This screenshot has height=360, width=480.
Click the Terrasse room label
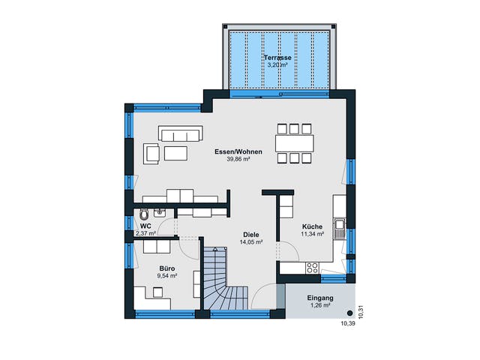point(277,58)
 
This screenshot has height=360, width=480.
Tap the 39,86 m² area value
point(238,159)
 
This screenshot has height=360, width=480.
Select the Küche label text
point(312,226)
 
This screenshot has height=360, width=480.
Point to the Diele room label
point(251,235)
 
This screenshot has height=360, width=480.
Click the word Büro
point(167,268)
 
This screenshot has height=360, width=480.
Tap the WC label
point(145,226)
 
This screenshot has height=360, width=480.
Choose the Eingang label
point(320,298)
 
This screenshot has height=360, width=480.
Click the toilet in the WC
point(143,214)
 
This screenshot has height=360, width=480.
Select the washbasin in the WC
point(159,212)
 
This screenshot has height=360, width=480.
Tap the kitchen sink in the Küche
point(340,228)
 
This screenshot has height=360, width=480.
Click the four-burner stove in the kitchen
point(312,268)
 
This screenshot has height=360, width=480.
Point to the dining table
point(295,143)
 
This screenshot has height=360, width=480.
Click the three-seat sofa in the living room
point(181,133)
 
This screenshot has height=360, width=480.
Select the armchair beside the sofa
point(151,153)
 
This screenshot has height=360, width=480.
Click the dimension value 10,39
point(347,323)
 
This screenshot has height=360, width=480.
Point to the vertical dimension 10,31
point(361,312)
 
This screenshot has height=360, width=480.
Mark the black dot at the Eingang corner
point(349,313)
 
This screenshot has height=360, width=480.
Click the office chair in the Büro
point(158,292)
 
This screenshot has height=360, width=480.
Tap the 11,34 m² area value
point(312,234)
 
